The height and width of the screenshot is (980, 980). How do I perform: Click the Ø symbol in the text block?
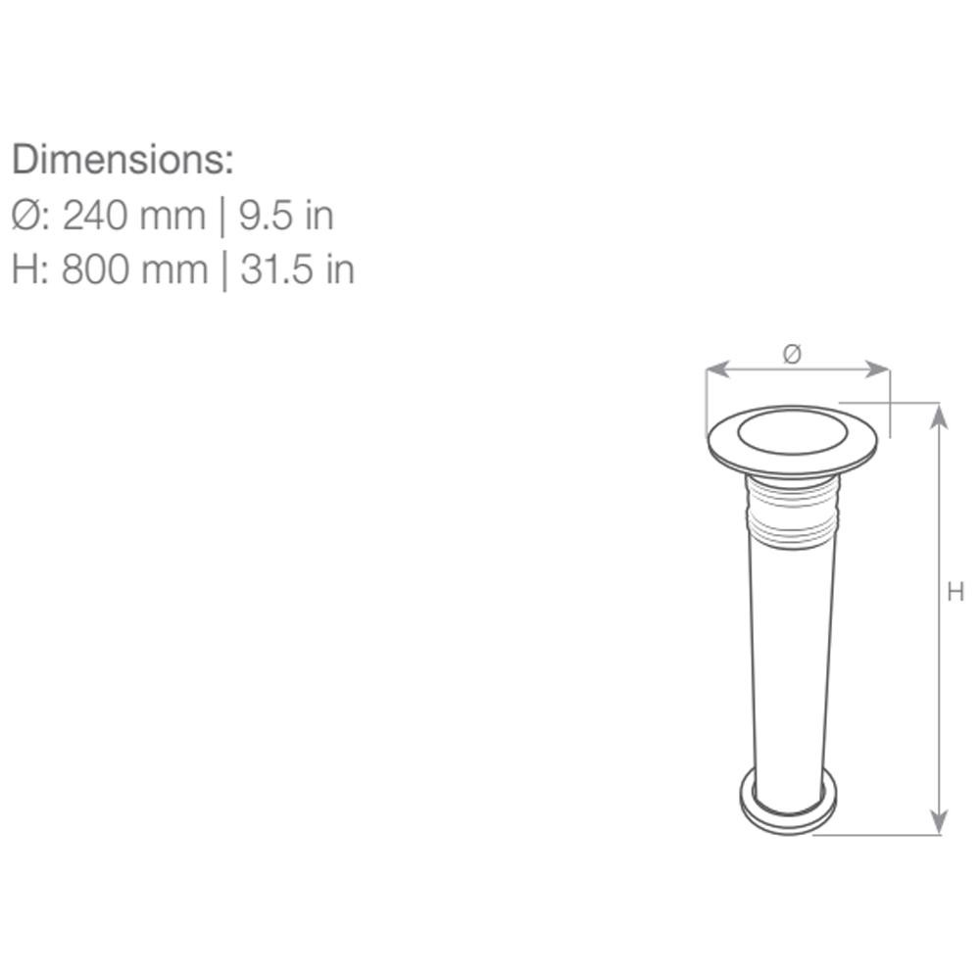[x=25, y=216]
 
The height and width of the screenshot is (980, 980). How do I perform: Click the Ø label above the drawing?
[x=792, y=355]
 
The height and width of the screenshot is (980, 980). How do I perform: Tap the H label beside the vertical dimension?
[x=955, y=591]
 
